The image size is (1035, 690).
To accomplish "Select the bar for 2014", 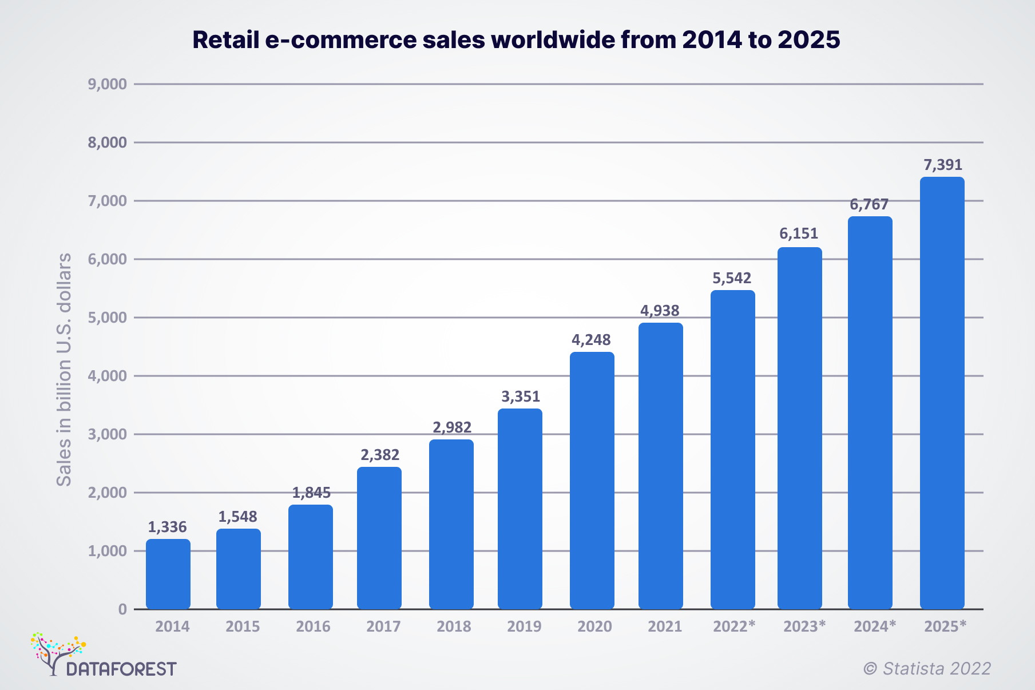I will point(168,574).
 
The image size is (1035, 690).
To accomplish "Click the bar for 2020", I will point(592,481).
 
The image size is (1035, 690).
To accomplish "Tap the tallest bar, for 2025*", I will point(942,393).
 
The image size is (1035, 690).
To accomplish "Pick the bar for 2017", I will point(379,538).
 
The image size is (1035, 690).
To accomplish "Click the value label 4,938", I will point(660,311).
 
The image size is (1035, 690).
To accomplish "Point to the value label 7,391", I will point(943,165).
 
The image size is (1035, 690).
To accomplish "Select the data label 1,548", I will point(237,517).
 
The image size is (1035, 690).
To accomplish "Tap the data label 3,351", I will point(520,396).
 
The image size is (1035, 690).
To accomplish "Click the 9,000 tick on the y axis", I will point(107,85).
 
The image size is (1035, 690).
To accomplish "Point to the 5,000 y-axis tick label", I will point(107,318).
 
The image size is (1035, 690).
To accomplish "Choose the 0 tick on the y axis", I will point(122,609).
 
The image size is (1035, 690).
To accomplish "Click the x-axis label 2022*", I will point(733,626).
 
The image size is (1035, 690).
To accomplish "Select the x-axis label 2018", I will point(454,626).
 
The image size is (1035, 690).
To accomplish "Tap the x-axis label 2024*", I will point(874,626).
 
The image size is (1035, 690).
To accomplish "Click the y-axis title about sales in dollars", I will point(64,370).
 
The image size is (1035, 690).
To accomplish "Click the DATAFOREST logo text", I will point(121,669).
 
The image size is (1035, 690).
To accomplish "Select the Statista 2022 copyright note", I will point(927,668).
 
